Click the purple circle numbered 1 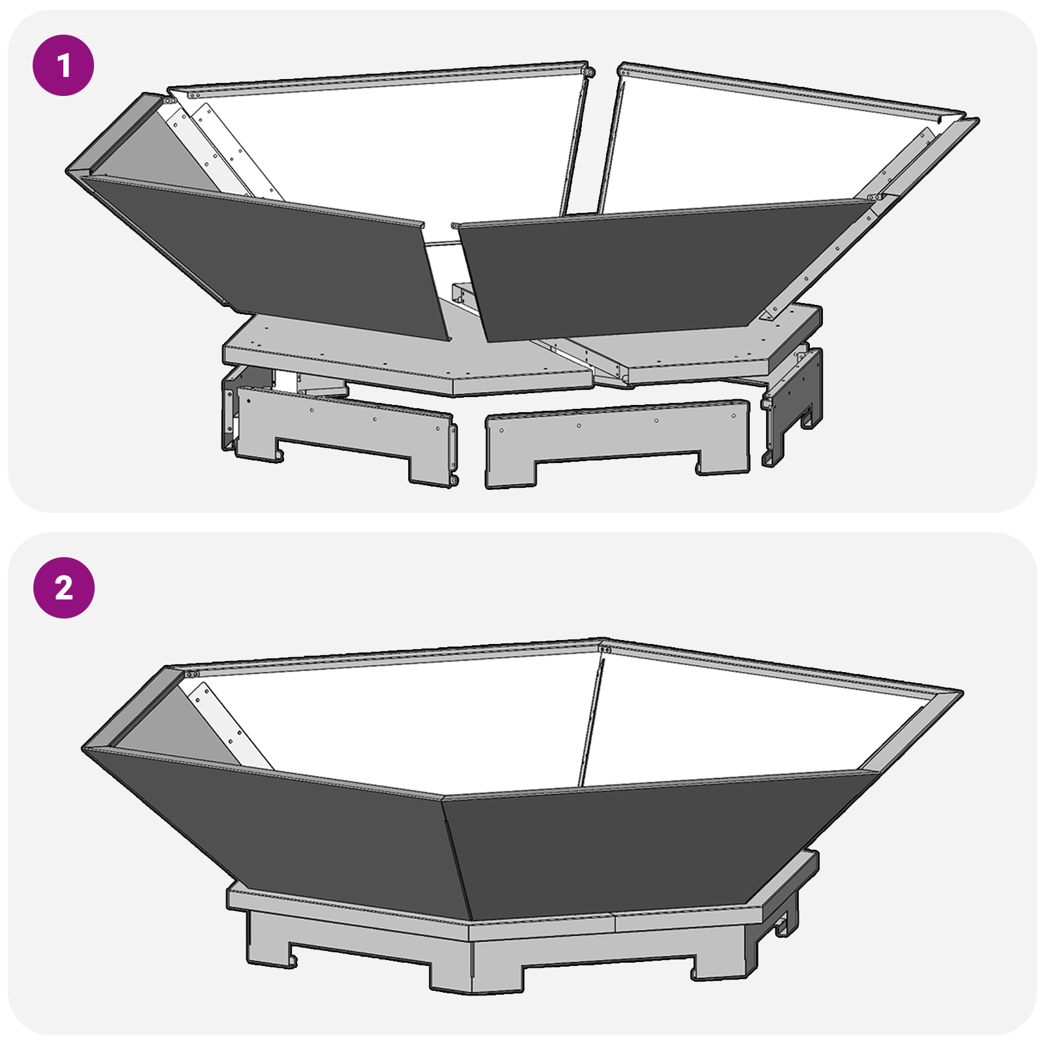pos(63,65)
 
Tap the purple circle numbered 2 pos(63,588)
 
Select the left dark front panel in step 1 pos(274,255)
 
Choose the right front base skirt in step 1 pos(617,438)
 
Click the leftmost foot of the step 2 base pos(268,940)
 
